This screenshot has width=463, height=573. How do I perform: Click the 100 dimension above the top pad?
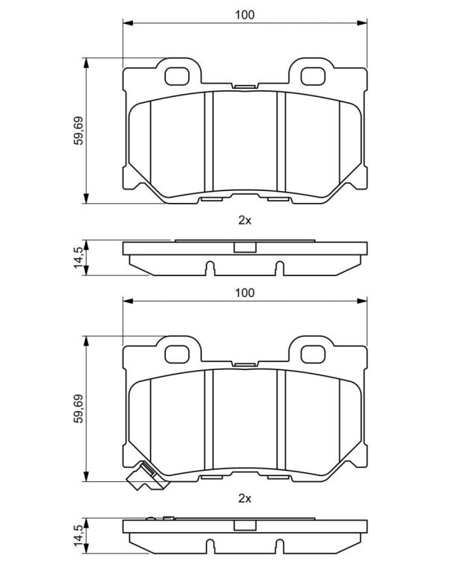pos(245,15)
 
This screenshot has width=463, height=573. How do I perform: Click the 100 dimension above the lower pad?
pos(245,292)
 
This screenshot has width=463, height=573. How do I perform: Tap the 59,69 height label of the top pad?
pos(78,131)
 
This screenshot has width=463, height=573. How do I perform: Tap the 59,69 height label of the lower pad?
pos(78,408)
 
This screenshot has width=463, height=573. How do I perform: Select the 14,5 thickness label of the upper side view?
pos(78,257)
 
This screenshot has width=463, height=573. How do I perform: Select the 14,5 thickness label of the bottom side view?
pos(78,536)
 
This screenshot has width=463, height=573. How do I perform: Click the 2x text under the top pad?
pos(245,220)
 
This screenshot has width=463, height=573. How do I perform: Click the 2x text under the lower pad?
pos(245,498)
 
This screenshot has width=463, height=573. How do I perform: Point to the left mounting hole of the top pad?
pos(177,76)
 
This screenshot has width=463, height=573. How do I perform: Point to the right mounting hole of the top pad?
pos(313,76)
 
